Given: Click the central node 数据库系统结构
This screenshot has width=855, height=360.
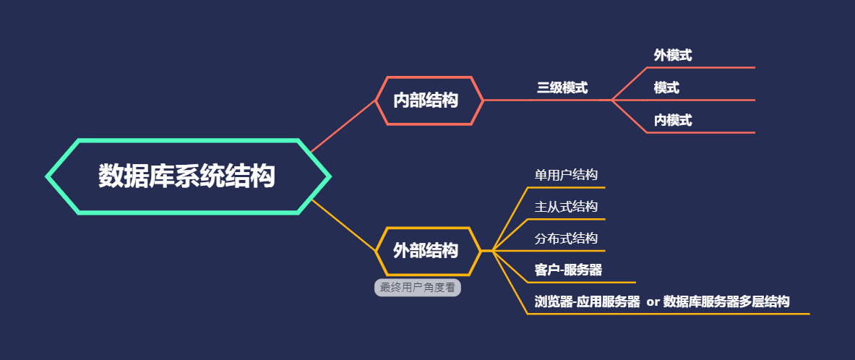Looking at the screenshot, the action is (x=188, y=176).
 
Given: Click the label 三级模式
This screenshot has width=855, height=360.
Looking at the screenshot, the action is (x=562, y=87).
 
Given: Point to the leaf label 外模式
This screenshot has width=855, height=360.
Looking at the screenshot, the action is (x=673, y=55).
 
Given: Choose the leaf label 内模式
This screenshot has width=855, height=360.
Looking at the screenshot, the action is (x=673, y=121).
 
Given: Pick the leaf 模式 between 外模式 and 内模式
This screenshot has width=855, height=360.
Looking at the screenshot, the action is (x=666, y=87).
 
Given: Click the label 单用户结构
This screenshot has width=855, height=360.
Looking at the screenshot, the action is (x=566, y=175).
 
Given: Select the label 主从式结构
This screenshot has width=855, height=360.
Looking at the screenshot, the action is (x=566, y=207).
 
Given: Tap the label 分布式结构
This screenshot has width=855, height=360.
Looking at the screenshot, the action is (x=566, y=239).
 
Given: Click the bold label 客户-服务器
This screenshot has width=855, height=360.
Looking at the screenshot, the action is (x=568, y=270).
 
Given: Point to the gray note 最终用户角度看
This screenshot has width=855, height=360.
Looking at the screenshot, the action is (x=418, y=288).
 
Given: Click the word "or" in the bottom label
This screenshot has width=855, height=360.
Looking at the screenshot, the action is (x=653, y=302).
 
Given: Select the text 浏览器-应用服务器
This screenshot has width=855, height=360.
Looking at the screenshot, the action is (x=588, y=301).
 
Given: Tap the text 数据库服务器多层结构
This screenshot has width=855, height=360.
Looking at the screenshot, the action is (x=726, y=301).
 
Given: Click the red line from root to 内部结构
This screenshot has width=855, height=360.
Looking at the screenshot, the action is (x=343, y=126).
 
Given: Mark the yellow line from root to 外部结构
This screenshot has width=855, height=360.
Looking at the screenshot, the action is (x=343, y=226).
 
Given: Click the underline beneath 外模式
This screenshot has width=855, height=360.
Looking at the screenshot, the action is (x=700, y=68).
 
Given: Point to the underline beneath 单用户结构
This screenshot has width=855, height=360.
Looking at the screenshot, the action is (x=567, y=188).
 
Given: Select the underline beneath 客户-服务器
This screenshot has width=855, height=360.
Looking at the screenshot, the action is (x=582, y=283).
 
